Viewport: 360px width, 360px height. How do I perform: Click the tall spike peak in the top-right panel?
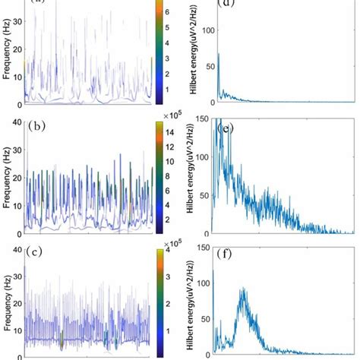[218, 53]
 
